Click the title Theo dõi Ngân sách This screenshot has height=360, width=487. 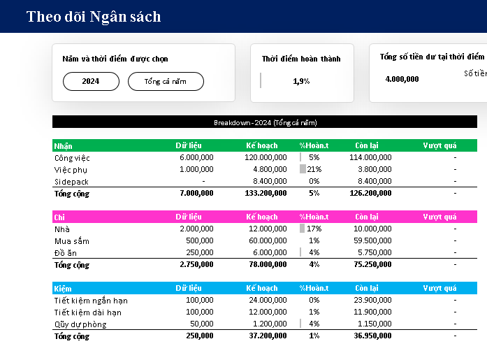[x=94, y=16]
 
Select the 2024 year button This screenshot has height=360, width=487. [x=91, y=81]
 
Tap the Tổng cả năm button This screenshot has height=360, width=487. [x=166, y=81]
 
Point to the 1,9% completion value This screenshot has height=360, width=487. [x=301, y=81]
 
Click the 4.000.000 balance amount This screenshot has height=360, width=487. [x=402, y=78]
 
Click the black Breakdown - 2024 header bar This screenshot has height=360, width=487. [x=265, y=122]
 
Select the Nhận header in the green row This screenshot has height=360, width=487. [x=63, y=145]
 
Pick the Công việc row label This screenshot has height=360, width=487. [x=72, y=157]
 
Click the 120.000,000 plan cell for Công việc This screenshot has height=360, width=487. [x=266, y=157]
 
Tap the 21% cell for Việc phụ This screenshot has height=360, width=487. [x=313, y=169]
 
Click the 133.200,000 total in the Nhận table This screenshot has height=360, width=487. [x=266, y=193]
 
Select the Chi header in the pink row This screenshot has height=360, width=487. [x=59, y=217]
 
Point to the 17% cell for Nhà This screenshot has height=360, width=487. [x=313, y=229]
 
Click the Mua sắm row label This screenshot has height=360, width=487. [x=71, y=240]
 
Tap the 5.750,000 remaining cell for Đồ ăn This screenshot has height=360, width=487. [x=374, y=252]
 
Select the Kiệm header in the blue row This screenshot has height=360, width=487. [x=62, y=288]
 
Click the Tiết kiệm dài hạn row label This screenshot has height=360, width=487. [x=90, y=312]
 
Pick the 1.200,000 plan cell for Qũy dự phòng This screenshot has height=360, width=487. [x=269, y=324]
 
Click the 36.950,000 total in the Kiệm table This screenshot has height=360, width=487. [x=372, y=336]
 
